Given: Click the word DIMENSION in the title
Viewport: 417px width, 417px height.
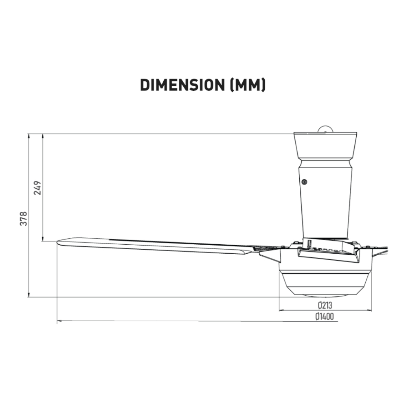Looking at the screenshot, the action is [x=182, y=85].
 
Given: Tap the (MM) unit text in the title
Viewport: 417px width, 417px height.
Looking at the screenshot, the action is [x=247, y=85].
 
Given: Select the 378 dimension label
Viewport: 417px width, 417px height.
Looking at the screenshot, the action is [x=23, y=219].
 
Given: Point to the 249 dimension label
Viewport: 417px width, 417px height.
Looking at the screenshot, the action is [x=37, y=188].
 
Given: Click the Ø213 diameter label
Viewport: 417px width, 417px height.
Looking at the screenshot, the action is [x=325, y=305].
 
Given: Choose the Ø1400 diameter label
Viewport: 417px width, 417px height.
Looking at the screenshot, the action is [x=325, y=316].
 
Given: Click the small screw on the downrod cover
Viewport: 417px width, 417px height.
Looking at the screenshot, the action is [x=305, y=182].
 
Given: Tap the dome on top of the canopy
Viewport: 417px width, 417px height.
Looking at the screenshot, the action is [x=325, y=129].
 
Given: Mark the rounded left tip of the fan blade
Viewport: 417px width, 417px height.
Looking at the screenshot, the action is [x=58, y=242].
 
